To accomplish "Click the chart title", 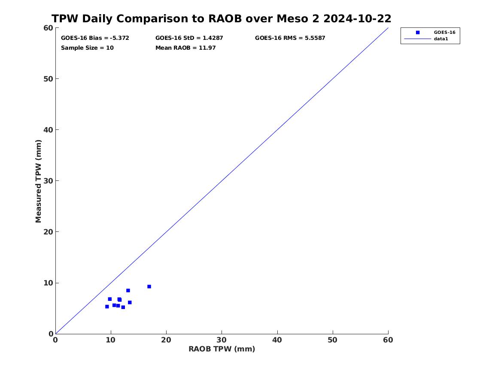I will coord(221,19).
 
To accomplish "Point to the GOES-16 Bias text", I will coord(95,38).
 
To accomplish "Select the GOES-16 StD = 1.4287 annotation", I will coord(189,38).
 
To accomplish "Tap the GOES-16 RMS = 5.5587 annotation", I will coord(290,38).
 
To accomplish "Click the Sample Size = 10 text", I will coord(87,48).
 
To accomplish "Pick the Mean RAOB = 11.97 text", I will coord(185,48).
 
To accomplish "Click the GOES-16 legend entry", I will coord(444,32).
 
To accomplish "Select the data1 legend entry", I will coord(440,39).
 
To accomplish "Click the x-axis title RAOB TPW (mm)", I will coord(222,349).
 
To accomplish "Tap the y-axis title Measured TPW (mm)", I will coord(39,181).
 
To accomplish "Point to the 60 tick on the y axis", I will coord(48,28).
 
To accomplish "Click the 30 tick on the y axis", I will coord(48,181).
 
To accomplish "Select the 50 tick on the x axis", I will coord(333,340).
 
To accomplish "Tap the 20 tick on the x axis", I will coord(166,340).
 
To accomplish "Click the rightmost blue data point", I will coord(149,286).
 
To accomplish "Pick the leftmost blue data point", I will coord(107,306).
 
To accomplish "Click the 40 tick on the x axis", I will coord(277,340).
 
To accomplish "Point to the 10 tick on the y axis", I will coord(48,283).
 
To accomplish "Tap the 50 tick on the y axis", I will coord(48,79).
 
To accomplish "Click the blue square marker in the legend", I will coord(418,32).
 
